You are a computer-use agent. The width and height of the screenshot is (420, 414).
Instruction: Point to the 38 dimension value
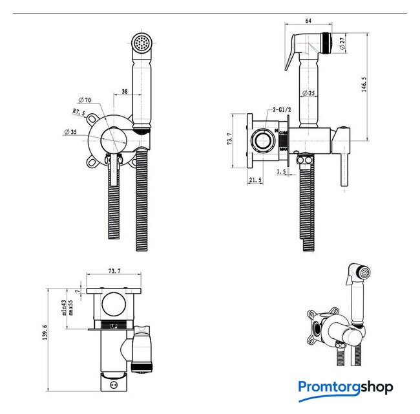pyautogui.click(x=124, y=92)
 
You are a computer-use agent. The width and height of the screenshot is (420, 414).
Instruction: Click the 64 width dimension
pyautogui.click(x=308, y=21)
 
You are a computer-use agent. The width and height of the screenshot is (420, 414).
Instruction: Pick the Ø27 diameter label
pyautogui.click(x=342, y=44)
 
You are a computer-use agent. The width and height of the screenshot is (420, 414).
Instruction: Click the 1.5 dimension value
pyautogui.click(x=282, y=171)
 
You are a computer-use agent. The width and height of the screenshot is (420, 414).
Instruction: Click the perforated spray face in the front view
pyautogui.click(x=141, y=44)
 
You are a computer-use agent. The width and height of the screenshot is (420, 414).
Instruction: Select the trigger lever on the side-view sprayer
pyautogui.click(x=288, y=56)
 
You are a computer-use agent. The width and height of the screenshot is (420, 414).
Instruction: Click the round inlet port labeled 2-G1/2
pyautogui.click(x=262, y=140)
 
